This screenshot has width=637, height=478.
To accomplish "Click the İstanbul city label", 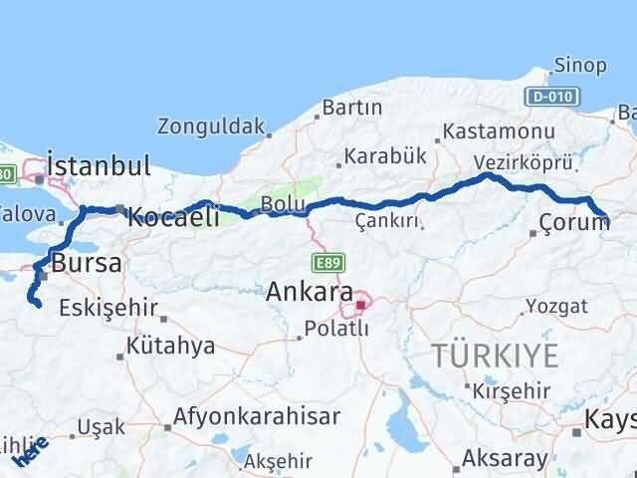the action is pos(98,164).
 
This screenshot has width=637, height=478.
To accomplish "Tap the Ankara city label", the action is pos(310,293).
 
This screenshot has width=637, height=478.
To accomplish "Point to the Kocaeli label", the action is pos(174,216).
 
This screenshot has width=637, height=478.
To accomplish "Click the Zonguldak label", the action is pos(211,127).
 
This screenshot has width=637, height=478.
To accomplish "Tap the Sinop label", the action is pos(581,66).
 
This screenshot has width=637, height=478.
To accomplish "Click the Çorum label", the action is pos(574,222).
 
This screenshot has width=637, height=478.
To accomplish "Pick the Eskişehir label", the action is pos(107,308).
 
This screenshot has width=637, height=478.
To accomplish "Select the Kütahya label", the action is pos(170,347).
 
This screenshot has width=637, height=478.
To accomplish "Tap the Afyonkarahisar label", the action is pos(257,416).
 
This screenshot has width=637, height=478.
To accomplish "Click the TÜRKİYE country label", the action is pos(495,354).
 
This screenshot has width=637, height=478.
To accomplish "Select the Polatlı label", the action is pos(336,329).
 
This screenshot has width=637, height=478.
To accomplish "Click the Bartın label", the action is pos(352,107).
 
